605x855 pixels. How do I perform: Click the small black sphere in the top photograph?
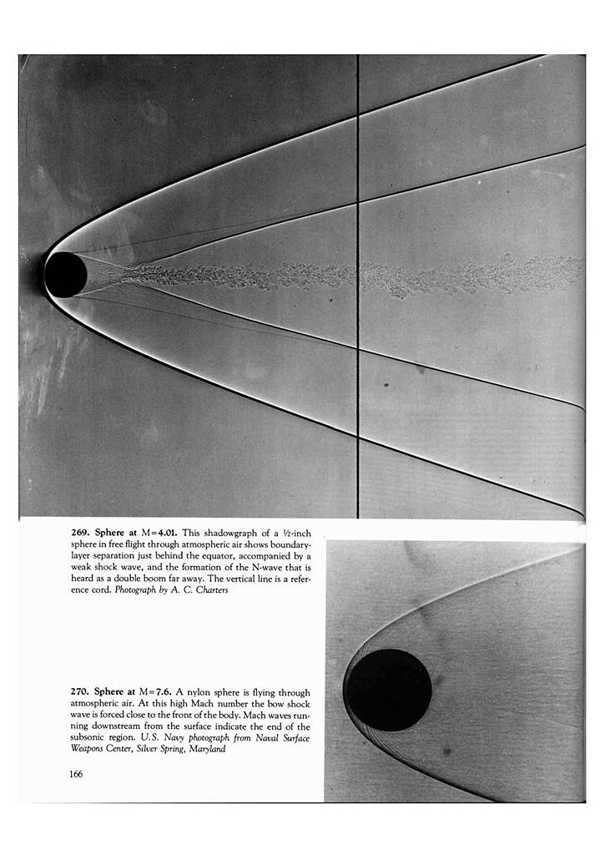[x=65, y=275]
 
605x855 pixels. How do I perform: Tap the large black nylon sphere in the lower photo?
[x=389, y=690]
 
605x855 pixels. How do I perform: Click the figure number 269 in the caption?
[x=79, y=532]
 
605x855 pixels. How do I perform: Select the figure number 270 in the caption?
[x=79, y=691]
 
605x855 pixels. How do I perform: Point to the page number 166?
[x=76, y=773]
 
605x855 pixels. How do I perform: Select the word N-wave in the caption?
[x=260, y=567]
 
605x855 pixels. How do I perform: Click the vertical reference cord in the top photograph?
[x=358, y=376]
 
